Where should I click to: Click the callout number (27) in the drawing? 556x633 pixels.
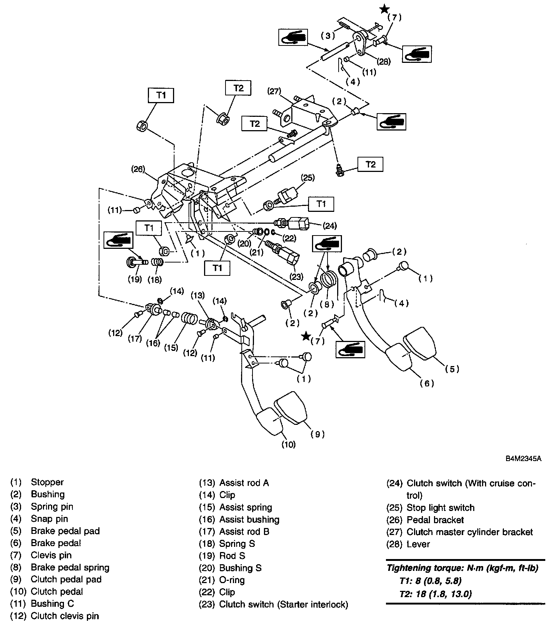[275, 91]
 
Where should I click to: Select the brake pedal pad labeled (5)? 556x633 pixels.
[420, 342]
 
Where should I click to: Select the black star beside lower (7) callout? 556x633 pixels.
[306, 336]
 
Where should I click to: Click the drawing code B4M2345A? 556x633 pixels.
[523, 459]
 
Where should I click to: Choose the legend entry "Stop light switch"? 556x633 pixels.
[440, 508]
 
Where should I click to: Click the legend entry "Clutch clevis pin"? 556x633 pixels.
[65, 616]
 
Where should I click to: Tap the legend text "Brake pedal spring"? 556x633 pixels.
[70, 567]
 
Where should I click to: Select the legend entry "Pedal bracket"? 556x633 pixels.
[435, 520]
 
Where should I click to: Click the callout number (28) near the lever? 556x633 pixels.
[383, 61]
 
